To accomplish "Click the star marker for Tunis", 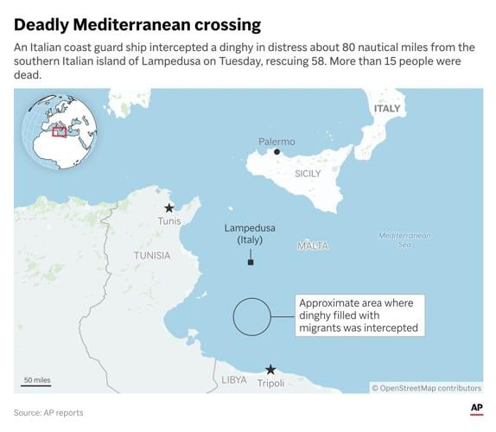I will click(x=169, y=207).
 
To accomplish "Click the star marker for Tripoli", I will click(x=270, y=369).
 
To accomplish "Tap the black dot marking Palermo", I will click(x=277, y=152).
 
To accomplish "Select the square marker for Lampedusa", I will click(x=251, y=262).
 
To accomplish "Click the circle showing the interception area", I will click(x=253, y=316).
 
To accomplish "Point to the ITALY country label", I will click(x=386, y=109).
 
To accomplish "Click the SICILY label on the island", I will click(x=308, y=174).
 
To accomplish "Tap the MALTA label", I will click(x=313, y=246).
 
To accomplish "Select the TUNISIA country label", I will click(x=152, y=256).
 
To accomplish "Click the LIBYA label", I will click(x=234, y=380).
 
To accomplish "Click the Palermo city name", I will click(x=277, y=141).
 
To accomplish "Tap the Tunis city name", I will click(x=169, y=221).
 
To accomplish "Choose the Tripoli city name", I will click(x=270, y=383).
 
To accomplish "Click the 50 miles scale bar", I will click(x=37, y=383).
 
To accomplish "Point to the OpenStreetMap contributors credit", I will click(x=427, y=388).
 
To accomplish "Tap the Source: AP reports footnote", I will click(x=48, y=413).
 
